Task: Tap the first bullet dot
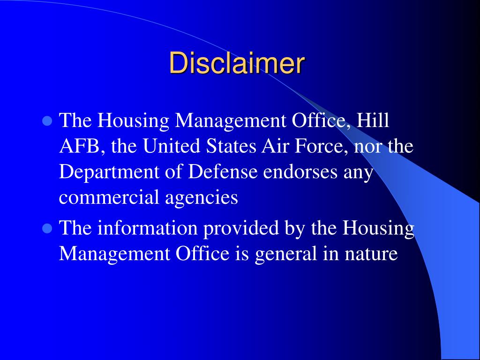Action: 47,121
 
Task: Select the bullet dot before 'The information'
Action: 47,228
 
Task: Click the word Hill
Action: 373,120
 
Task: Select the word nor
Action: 369,147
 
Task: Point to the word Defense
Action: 224,172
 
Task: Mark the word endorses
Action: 300,172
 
